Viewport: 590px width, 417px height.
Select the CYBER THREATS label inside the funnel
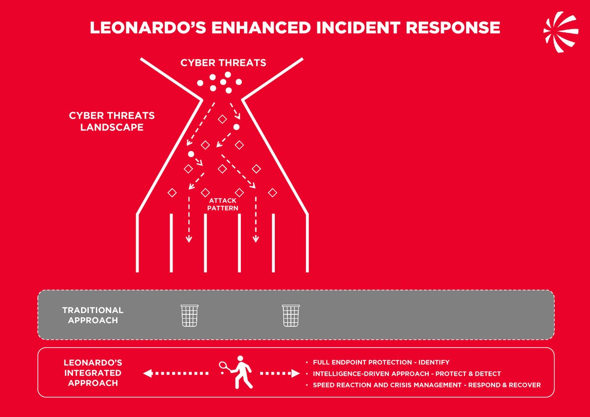pyautogui.click(x=223, y=63)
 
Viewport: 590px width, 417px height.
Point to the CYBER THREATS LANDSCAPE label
pyautogui.click(x=112, y=121)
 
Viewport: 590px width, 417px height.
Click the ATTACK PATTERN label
pyautogui.click(x=223, y=205)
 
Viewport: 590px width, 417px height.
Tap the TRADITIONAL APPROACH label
pyautogui.click(x=92, y=315)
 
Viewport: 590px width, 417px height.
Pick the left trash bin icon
pyautogui.click(x=189, y=315)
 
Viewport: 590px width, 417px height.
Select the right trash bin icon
pyautogui.click(x=290, y=315)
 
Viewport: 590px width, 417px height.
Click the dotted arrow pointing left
pyautogui.click(x=175, y=374)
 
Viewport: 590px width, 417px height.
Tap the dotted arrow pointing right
pyautogui.click(x=279, y=374)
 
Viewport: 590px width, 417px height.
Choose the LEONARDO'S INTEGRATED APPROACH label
pyautogui.click(x=92, y=373)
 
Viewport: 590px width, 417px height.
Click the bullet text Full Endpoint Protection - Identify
pyautogui.click(x=381, y=362)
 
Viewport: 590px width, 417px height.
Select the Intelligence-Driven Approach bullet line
pyautogui.click(x=407, y=374)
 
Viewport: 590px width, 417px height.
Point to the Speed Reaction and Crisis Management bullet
pyautogui.click(x=426, y=385)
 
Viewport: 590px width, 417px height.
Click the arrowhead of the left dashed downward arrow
pyautogui.click(x=188, y=239)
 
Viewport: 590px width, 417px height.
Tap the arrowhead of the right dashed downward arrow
pyautogui.click(x=256, y=239)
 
